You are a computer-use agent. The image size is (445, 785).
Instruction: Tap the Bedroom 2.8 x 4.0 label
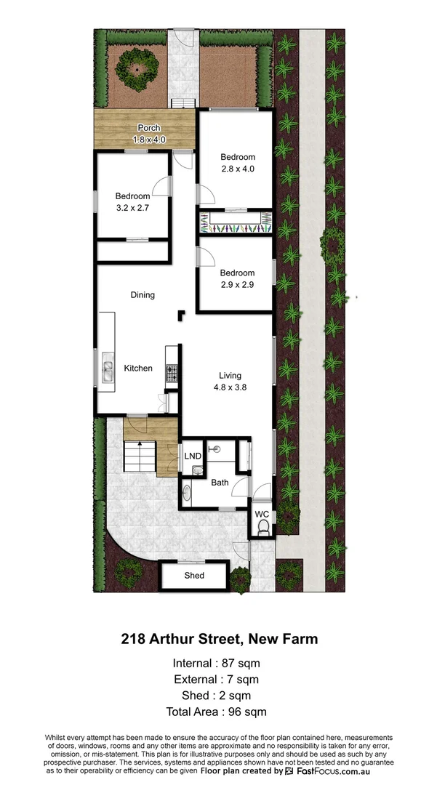(238, 163)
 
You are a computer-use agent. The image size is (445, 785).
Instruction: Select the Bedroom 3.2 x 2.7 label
(132, 201)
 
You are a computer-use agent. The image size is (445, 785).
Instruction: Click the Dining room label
(143, 295)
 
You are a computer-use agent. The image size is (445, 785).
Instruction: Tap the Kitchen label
(138, 369)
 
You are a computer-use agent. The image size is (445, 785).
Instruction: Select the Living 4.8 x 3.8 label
(230, 382)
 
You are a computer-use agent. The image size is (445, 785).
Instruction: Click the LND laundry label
(193, 456)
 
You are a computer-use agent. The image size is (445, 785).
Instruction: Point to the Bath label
(220, 483)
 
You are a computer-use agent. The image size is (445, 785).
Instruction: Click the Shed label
(194, 576)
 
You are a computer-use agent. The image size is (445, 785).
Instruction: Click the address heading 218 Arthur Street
(219, 640)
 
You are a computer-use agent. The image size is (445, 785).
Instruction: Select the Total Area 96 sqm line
(216, 712)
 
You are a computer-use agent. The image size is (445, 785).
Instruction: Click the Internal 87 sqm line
(216, 663)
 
